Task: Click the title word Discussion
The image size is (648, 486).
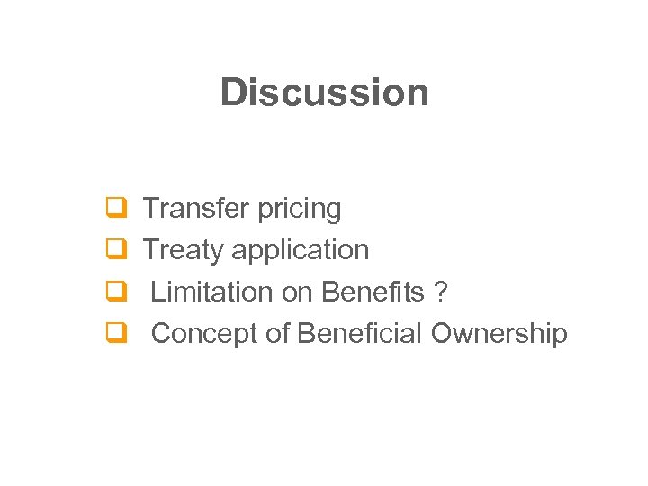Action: [324, 92]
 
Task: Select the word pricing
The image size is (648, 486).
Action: [300, 210]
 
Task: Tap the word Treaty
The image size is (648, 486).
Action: [184, 250]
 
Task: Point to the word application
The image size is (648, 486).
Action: [301, 250]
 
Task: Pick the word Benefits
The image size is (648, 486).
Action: [373, 292]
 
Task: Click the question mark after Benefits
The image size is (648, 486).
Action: [441, 292]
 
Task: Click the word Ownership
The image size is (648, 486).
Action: [499, 334]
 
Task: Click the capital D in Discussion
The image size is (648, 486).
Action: [232, 92]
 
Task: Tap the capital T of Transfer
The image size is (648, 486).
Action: [151, 209]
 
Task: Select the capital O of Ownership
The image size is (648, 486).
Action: [442, 334]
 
